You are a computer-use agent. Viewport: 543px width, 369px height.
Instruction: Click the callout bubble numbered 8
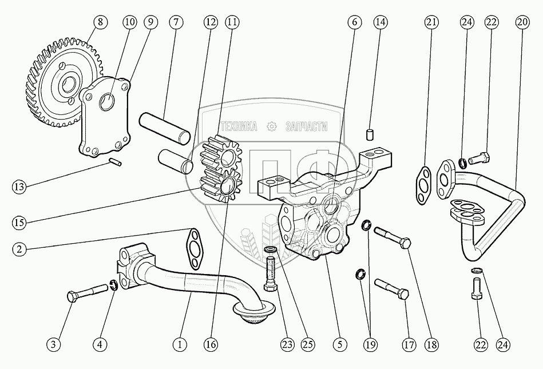point(100,22)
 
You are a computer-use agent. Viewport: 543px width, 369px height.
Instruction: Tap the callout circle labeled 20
point(522,22)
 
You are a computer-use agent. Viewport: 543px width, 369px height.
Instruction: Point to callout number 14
point(381,22)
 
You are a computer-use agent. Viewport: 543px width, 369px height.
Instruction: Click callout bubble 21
point(432,22)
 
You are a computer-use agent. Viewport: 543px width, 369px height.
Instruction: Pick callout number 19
point(371,344)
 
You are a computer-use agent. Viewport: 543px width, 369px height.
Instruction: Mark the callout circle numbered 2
point(19,249)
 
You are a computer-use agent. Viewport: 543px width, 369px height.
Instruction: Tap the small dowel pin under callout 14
point(370,136)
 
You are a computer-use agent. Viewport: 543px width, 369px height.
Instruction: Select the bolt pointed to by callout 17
point(392,290)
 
